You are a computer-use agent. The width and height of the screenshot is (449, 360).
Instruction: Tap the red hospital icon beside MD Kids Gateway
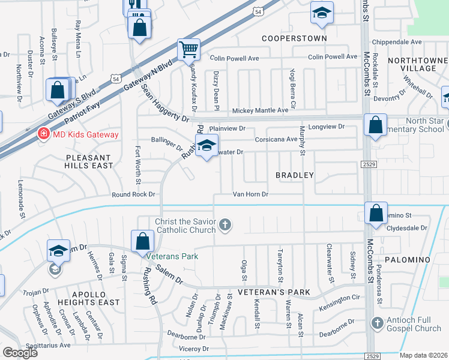43,134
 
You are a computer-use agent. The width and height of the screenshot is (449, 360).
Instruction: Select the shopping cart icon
188,49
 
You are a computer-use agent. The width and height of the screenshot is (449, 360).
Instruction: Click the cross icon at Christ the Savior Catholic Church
226,226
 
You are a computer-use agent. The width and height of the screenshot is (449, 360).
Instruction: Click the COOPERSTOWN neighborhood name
294,38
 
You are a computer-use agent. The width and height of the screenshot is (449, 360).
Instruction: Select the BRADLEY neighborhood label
295,175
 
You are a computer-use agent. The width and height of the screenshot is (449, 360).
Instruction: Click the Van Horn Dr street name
250,194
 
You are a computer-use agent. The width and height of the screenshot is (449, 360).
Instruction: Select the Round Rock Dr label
133,194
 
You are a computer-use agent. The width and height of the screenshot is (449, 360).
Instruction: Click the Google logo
20,353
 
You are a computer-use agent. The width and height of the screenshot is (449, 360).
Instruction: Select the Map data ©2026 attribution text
423,355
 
